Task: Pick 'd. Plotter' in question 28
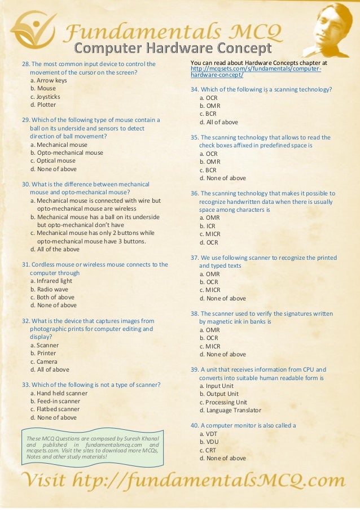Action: coord(43,104)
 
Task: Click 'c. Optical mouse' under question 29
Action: coord(52,160)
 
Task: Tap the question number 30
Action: coord(26,184)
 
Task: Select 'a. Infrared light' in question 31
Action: coord(51,281)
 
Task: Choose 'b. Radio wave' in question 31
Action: coord(50,289)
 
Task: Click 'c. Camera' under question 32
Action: coord(44,361)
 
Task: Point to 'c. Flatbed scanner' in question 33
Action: coord(55,409)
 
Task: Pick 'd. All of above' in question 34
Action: coord(218,122)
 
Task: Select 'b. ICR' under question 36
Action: coord(207,226)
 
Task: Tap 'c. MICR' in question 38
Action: coord(209,346)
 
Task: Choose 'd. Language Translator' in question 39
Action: coord(230,410)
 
